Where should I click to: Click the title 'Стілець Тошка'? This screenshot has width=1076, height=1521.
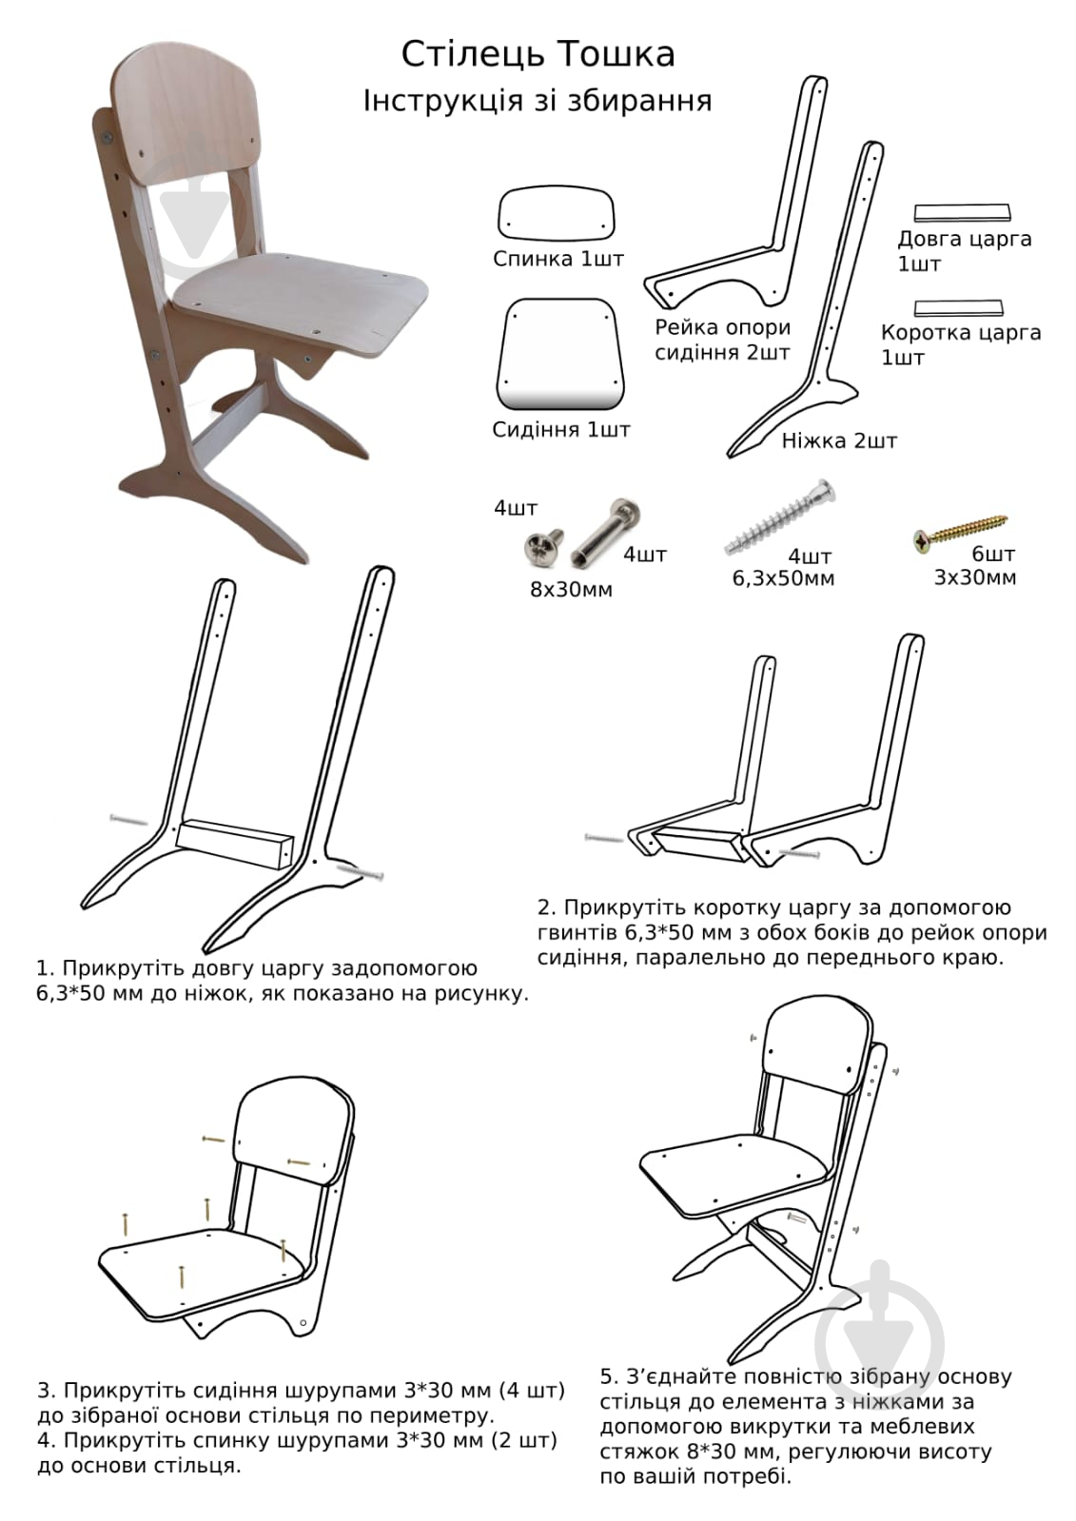coord(538,54)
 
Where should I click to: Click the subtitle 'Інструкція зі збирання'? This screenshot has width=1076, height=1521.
coord(538,101)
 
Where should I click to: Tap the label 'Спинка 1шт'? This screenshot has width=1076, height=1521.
coord(558,259)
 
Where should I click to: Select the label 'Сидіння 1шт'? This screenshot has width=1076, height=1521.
coord(561,430)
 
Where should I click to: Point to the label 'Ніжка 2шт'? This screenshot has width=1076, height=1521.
coord(839,440)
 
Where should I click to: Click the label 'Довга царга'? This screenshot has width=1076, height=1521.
coord(965,239)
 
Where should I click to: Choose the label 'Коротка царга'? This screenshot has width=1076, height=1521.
coord(961,333)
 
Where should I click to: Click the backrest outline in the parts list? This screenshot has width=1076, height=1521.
coord(557,214)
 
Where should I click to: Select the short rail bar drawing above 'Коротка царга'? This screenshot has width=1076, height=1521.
coord(958,307)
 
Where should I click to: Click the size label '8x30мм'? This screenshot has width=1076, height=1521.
coord(571,590)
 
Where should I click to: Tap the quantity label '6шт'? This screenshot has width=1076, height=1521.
coord(993,554)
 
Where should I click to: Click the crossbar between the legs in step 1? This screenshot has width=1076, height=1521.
coord(235,844)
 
